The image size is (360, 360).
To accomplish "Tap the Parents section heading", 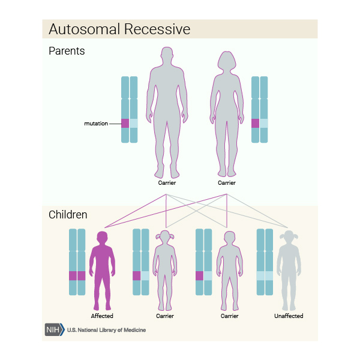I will click(x=67, y=51).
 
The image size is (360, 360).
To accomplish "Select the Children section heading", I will click(x=68, y=214).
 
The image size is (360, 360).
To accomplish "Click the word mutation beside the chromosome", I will click(x=96, y=124).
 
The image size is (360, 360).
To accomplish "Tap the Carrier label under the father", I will click(x=167, y=182).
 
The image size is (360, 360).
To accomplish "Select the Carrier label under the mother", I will click(x=227, y=182).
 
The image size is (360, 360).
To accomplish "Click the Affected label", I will click(x=102, y=316).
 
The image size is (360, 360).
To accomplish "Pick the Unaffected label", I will click(x=289, y=316).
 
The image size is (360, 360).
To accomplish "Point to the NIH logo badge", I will click(x=54, y=329).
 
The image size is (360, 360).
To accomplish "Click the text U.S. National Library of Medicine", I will click(x=106, y=330).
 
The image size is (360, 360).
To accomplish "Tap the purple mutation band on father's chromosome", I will click(x=125, y=123).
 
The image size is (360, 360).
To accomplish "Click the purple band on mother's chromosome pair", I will click(x=256, y=123).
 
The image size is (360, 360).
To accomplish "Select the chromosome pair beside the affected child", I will click(x=77, y=262).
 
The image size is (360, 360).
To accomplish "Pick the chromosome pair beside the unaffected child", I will click(x=264, y=262).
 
